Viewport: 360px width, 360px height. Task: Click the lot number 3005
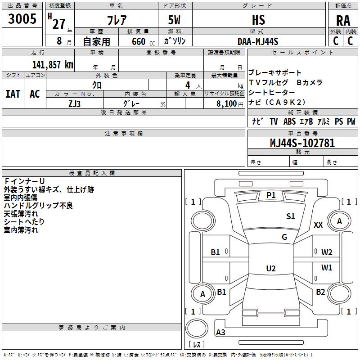tap(22, 19)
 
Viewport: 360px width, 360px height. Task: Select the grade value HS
tap(258, 20)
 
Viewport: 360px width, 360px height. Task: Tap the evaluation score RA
tap(343, 21)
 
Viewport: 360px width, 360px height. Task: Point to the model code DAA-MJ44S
tap(258, 41)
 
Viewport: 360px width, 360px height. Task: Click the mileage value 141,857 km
tap(53, 64)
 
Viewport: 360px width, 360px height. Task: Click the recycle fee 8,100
tap(227, 103)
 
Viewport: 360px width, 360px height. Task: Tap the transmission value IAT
tap(13, 94)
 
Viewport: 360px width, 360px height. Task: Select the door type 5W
tap(175, 21)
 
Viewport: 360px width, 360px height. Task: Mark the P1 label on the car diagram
tap(271, 195)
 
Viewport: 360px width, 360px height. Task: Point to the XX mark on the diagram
tap(318, 225)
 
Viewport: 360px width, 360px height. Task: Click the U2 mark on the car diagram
tap(271, 269)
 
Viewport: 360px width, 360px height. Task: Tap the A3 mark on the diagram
tap(220, 333)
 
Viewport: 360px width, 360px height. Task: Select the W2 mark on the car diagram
tap(327, 252)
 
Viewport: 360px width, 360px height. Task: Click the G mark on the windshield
tap(284, 237)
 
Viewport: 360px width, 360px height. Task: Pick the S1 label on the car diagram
tap(291, 216)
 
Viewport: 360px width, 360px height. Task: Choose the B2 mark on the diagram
tap(320, 292)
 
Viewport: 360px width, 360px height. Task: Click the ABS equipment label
tap(289, 121)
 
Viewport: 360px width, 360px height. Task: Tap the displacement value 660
tap(139, 42)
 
